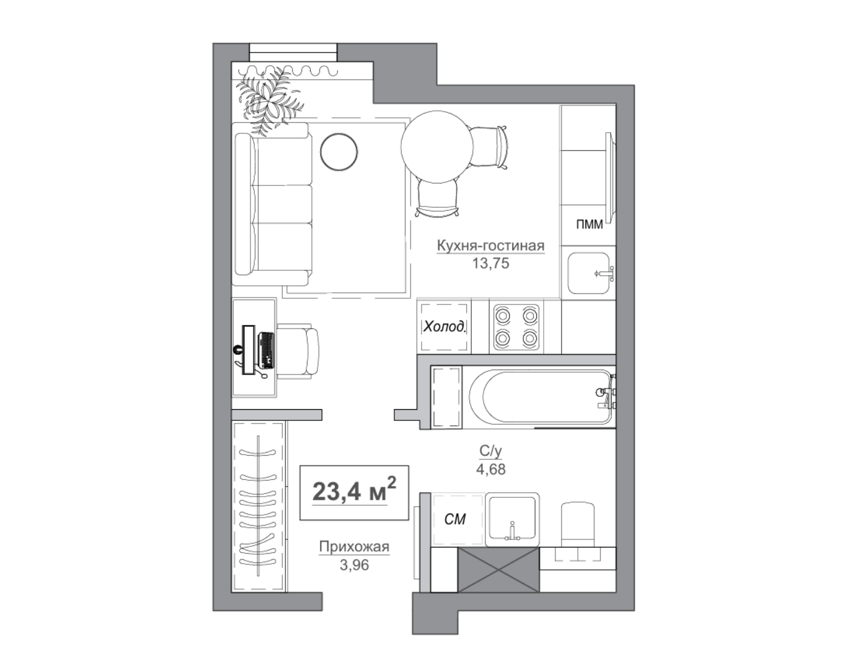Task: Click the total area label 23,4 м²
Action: pos(354,491)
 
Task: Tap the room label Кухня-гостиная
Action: pos(490,246)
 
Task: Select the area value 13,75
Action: pos(490,263)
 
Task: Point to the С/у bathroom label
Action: pos(490,450)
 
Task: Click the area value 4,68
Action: pos(490,469)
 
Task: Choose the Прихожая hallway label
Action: pos(354,546)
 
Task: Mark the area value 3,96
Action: pos(354,565)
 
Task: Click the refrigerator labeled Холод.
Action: pos(444,327)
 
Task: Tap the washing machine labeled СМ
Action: pos(458,520)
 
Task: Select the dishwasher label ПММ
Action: pos(589,224)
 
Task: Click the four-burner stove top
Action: pos(516,327)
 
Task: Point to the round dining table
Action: pos(437,147)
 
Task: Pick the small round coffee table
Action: pos(339,152)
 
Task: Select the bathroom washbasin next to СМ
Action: pos(512,520)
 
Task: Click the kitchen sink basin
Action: pos(588,273)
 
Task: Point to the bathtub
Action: pos(541,396)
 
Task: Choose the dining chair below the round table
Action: pos(437,198)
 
